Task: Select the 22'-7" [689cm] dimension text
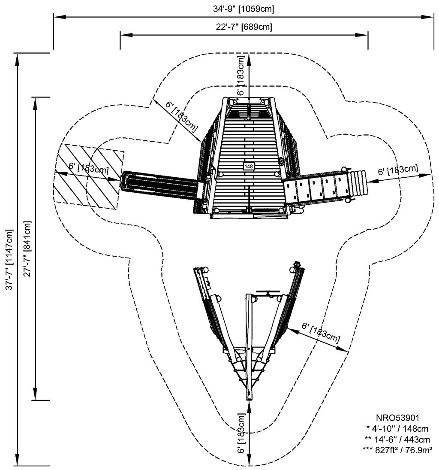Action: point(244,27)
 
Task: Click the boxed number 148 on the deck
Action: point(249,166)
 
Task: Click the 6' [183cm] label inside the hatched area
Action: point(88,168)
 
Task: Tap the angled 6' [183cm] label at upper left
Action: point(181,116)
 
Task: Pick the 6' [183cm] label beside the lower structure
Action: point(321,333)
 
